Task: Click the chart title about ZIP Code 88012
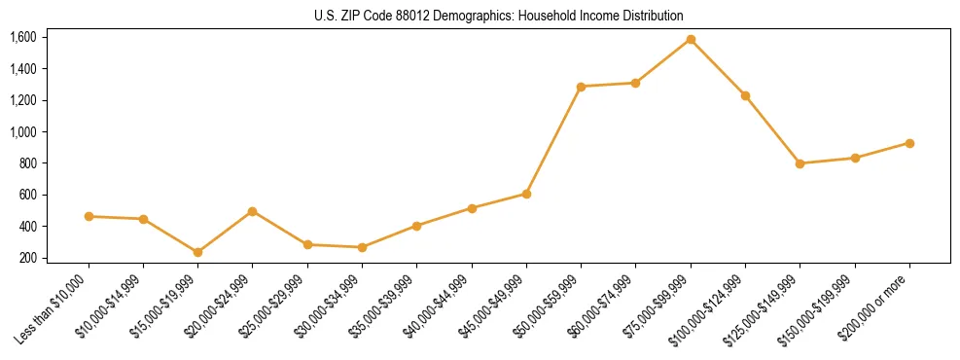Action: (499, 16)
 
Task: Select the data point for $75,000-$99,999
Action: (691, 40)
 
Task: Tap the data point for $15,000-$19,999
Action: (197, 252)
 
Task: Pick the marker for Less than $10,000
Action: (89, 216)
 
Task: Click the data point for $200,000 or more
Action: (909, 143)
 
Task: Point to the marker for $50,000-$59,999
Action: (581, 87)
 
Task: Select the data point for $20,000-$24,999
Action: (253, 211)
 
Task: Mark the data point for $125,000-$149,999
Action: (800, 163)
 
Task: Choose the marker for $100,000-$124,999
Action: (745, 95)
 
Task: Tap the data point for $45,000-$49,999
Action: (526, 194)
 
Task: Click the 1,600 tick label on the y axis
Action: (22, 37)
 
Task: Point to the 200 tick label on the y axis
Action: (27, 258)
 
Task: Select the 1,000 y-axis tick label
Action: (22, 131)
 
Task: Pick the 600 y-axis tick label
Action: (27, 195)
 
